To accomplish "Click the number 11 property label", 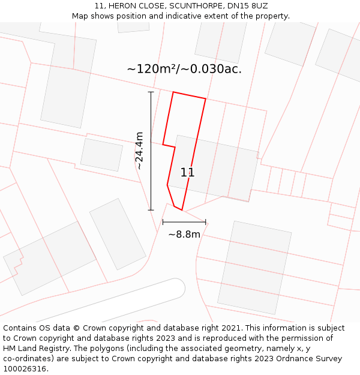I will (x=187, y=173).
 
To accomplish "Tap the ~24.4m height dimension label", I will (x=139, y=151).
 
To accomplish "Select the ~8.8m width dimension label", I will (x=184, y=235).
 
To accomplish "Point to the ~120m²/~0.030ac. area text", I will (x=184, y=69).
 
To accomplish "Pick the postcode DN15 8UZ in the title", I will (x=248, y=6).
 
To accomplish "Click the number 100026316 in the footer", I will (x=26, y=369).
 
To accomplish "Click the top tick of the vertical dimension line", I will (x=151, y=92).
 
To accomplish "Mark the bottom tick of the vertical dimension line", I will (x=151, y=210).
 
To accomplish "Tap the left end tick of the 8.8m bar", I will (x=163, y=222).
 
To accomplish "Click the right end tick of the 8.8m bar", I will (x=206, y=222).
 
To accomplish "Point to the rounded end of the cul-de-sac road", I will (x=178, y=287).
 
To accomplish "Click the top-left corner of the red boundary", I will (x=173, y=92).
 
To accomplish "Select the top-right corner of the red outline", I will (x=206, y=99).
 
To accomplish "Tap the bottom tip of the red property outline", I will (x=181, y=210).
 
